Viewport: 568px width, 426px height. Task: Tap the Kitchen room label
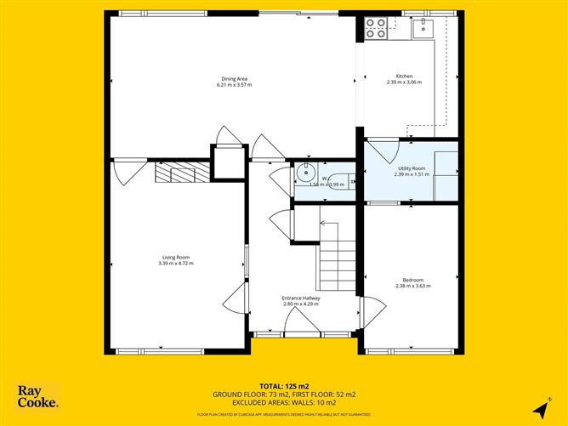pyautogui.click(x=404, y=77)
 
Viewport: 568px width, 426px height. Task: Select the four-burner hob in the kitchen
pyautogui.click(x=375, y=29)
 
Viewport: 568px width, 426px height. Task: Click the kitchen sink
pyautogui.click(x=423, y=28)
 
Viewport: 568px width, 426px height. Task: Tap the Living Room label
pyautogui.click(x=176, y=257)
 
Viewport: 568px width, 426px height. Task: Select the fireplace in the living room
pyautogui.click(x=180, y=173)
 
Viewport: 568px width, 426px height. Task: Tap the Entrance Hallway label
pyautogui.click(x=300, y=298)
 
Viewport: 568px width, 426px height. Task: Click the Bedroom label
pyautogui.click(x=412, y=280)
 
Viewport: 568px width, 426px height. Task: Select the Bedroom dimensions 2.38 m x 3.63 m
pyautogui.click(x=412, y=286)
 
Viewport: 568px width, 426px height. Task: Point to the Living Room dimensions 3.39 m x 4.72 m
pyautogui.click(x=176, y=263)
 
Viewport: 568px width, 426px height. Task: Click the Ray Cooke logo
pyautogui.click(x=38, y=397)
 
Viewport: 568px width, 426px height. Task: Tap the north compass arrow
pyautogui.click(x=540, y=410)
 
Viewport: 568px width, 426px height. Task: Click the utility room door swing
pyautogui.click(x=381, y=151)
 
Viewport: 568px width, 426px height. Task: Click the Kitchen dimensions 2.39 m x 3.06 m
pyautogui.click(x=404, y=82)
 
